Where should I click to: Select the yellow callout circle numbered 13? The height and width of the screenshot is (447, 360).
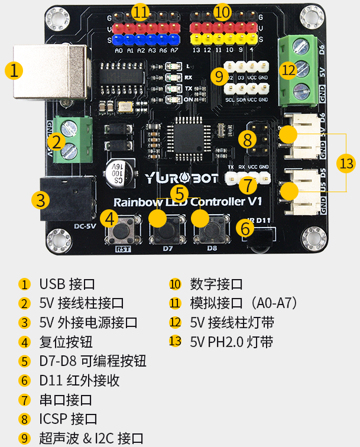click(x=346, y=163)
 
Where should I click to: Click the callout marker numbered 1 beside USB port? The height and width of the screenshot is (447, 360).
click(x=14, y=71)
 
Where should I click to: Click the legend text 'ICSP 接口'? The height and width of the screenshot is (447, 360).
click(x=68, y=419)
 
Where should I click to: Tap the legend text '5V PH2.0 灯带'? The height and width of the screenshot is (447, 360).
click(x=231, y=342)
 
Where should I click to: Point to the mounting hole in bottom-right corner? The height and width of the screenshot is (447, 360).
click(x=313, y=239)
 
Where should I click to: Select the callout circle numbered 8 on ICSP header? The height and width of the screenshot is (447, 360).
click(x=248, y=140)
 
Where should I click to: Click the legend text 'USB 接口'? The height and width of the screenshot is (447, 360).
click(x=66, y=284)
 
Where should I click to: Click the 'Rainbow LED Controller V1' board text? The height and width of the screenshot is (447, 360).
click(x=188, y=202)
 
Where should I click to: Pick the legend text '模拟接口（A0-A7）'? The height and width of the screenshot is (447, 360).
click(x=243, y=303)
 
